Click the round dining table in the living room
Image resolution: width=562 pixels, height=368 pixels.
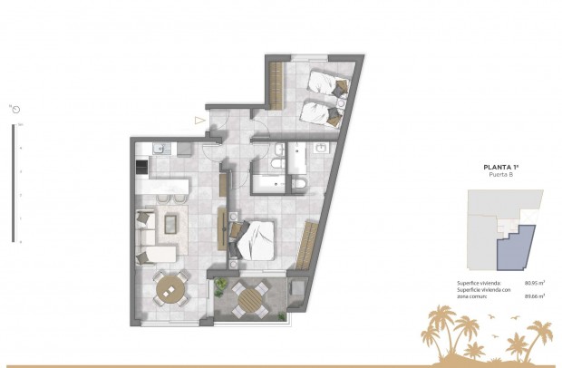tap(170, 289)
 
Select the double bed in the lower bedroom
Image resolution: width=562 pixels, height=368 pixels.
tap(257, 241)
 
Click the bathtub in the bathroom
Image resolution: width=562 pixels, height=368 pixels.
tap(269, 185)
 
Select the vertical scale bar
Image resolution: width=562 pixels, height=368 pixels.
tap(13, 181)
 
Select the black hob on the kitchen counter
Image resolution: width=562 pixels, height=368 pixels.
tap(140, 167)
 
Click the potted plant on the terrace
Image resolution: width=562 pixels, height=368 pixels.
tap(221, 287)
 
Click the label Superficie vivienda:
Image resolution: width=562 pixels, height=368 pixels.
tap(478, 283)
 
